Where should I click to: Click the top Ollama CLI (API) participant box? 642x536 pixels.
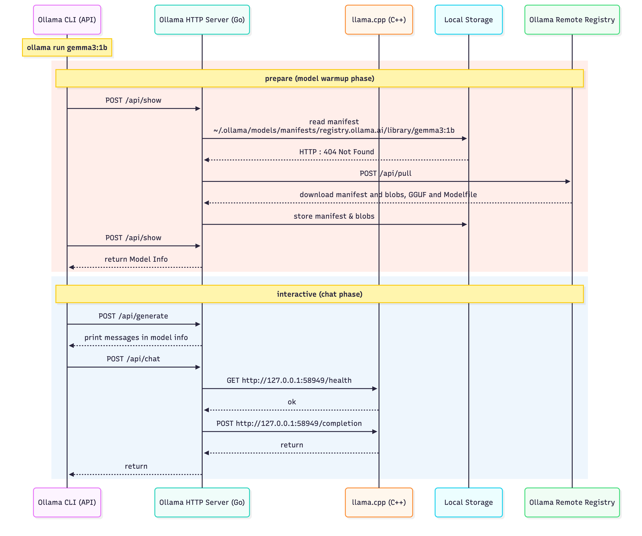(x=67, y=20)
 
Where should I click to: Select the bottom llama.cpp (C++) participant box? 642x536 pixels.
(x=379, y=502)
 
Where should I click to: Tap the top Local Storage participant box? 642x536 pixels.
(x=468, y=20)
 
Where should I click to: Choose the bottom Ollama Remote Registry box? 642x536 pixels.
(x=572, y=502)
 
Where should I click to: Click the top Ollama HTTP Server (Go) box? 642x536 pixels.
(x=202, y=20)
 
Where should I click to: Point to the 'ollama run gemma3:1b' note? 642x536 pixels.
(x=67, y=47)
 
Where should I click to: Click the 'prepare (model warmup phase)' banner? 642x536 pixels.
(x=320, y=78)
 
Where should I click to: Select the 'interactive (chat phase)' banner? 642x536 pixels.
(x=320, y=294)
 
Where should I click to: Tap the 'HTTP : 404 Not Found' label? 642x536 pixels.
(x=336, y=152)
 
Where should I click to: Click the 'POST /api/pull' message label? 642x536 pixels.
(x=385, y=173)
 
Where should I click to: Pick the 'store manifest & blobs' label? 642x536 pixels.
(x=334, y=216)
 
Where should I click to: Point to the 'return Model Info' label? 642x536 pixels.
(x=136, y=259)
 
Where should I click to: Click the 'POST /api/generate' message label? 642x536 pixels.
(x=133, y=316)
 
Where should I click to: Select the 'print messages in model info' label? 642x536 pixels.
(x=136, y=337)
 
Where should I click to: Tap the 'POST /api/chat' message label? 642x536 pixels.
(x=133, y=359)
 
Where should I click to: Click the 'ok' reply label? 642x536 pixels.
(x=292, y=402)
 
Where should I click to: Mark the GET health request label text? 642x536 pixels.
(x=289, y=380)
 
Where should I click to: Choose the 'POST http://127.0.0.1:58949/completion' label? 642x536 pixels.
(x=289, y=423)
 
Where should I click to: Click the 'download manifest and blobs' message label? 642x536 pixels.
(x=388, y=195)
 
